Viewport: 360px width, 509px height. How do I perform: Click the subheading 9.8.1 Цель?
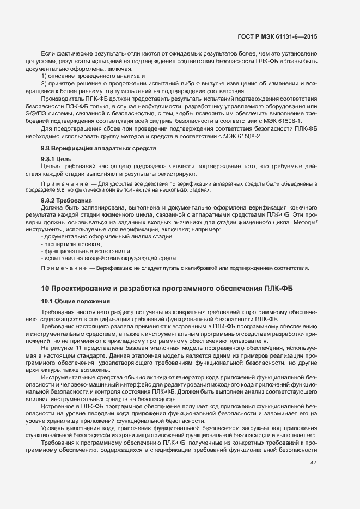(x=57, y=159)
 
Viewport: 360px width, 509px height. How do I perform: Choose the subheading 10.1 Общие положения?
(x=76, y=301)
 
